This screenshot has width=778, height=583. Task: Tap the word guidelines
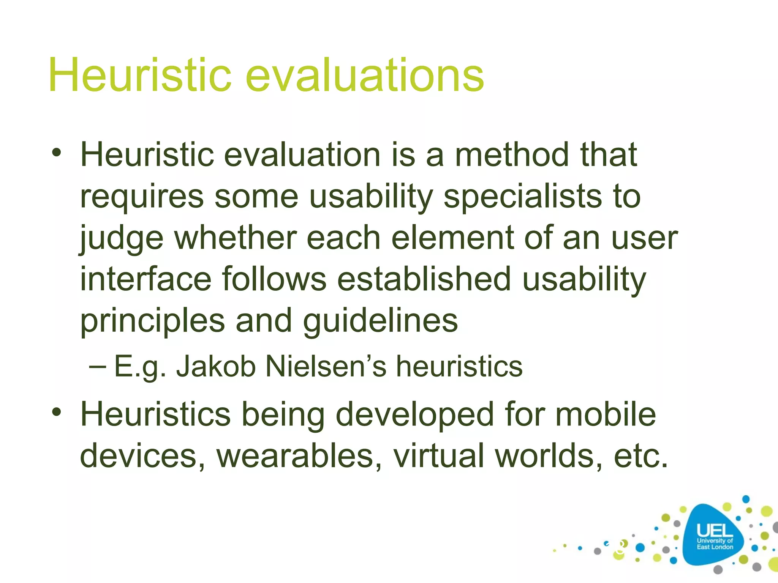coord(380,321)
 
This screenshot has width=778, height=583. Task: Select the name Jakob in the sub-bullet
coord(215,366)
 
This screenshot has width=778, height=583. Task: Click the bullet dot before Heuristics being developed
coord(57,411)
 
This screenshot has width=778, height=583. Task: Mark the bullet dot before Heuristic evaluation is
coord(57,153)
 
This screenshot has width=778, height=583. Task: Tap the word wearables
coord(299,456)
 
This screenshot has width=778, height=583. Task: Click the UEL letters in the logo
coord(715,530)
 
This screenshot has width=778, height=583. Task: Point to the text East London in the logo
coord(715,547)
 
